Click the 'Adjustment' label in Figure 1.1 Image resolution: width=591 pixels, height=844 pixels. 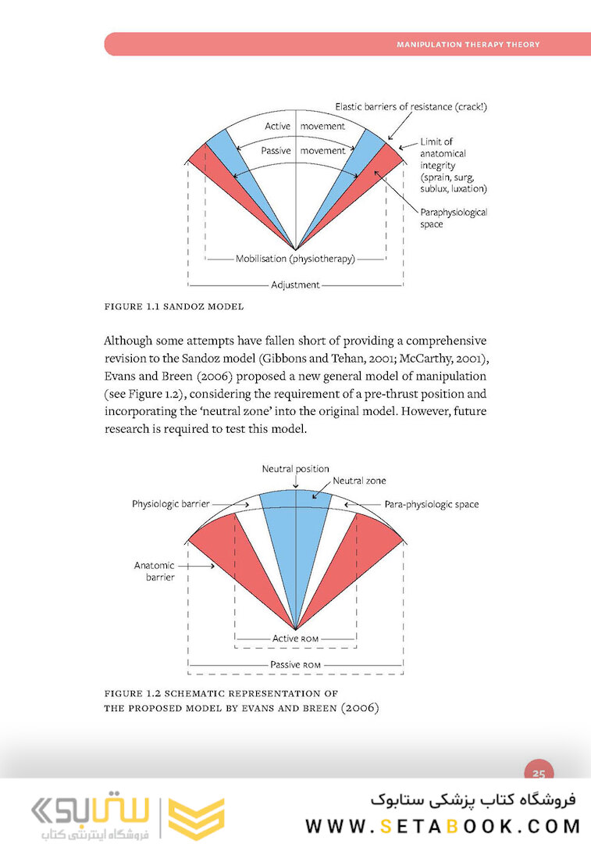point(295,285)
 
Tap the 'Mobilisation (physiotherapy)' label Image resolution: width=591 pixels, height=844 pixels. point(295,259)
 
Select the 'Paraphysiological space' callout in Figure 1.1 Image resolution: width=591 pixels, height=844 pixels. point(454,218)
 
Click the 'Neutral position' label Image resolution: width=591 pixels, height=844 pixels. point(295,468)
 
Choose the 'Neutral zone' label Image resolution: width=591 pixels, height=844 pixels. point(359,481)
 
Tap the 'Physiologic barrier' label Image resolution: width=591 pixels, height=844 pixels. point(170,504)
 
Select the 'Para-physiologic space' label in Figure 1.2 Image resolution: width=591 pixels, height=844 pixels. point(432,504)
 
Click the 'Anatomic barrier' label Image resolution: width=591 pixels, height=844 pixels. point(154,571)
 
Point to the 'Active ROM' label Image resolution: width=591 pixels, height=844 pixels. point(295,638)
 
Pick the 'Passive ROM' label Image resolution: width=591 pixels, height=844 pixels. point(295,665)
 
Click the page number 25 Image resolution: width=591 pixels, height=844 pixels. point(539,774)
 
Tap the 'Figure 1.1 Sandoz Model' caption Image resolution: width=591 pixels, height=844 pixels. point(174,306)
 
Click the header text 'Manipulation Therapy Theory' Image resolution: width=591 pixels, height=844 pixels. point(468,45)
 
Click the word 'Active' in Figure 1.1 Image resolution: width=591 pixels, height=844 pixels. point(277,127)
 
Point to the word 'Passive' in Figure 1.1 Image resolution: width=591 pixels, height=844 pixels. point(276,150)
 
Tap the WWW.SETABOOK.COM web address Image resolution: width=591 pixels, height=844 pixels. point(443,826)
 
